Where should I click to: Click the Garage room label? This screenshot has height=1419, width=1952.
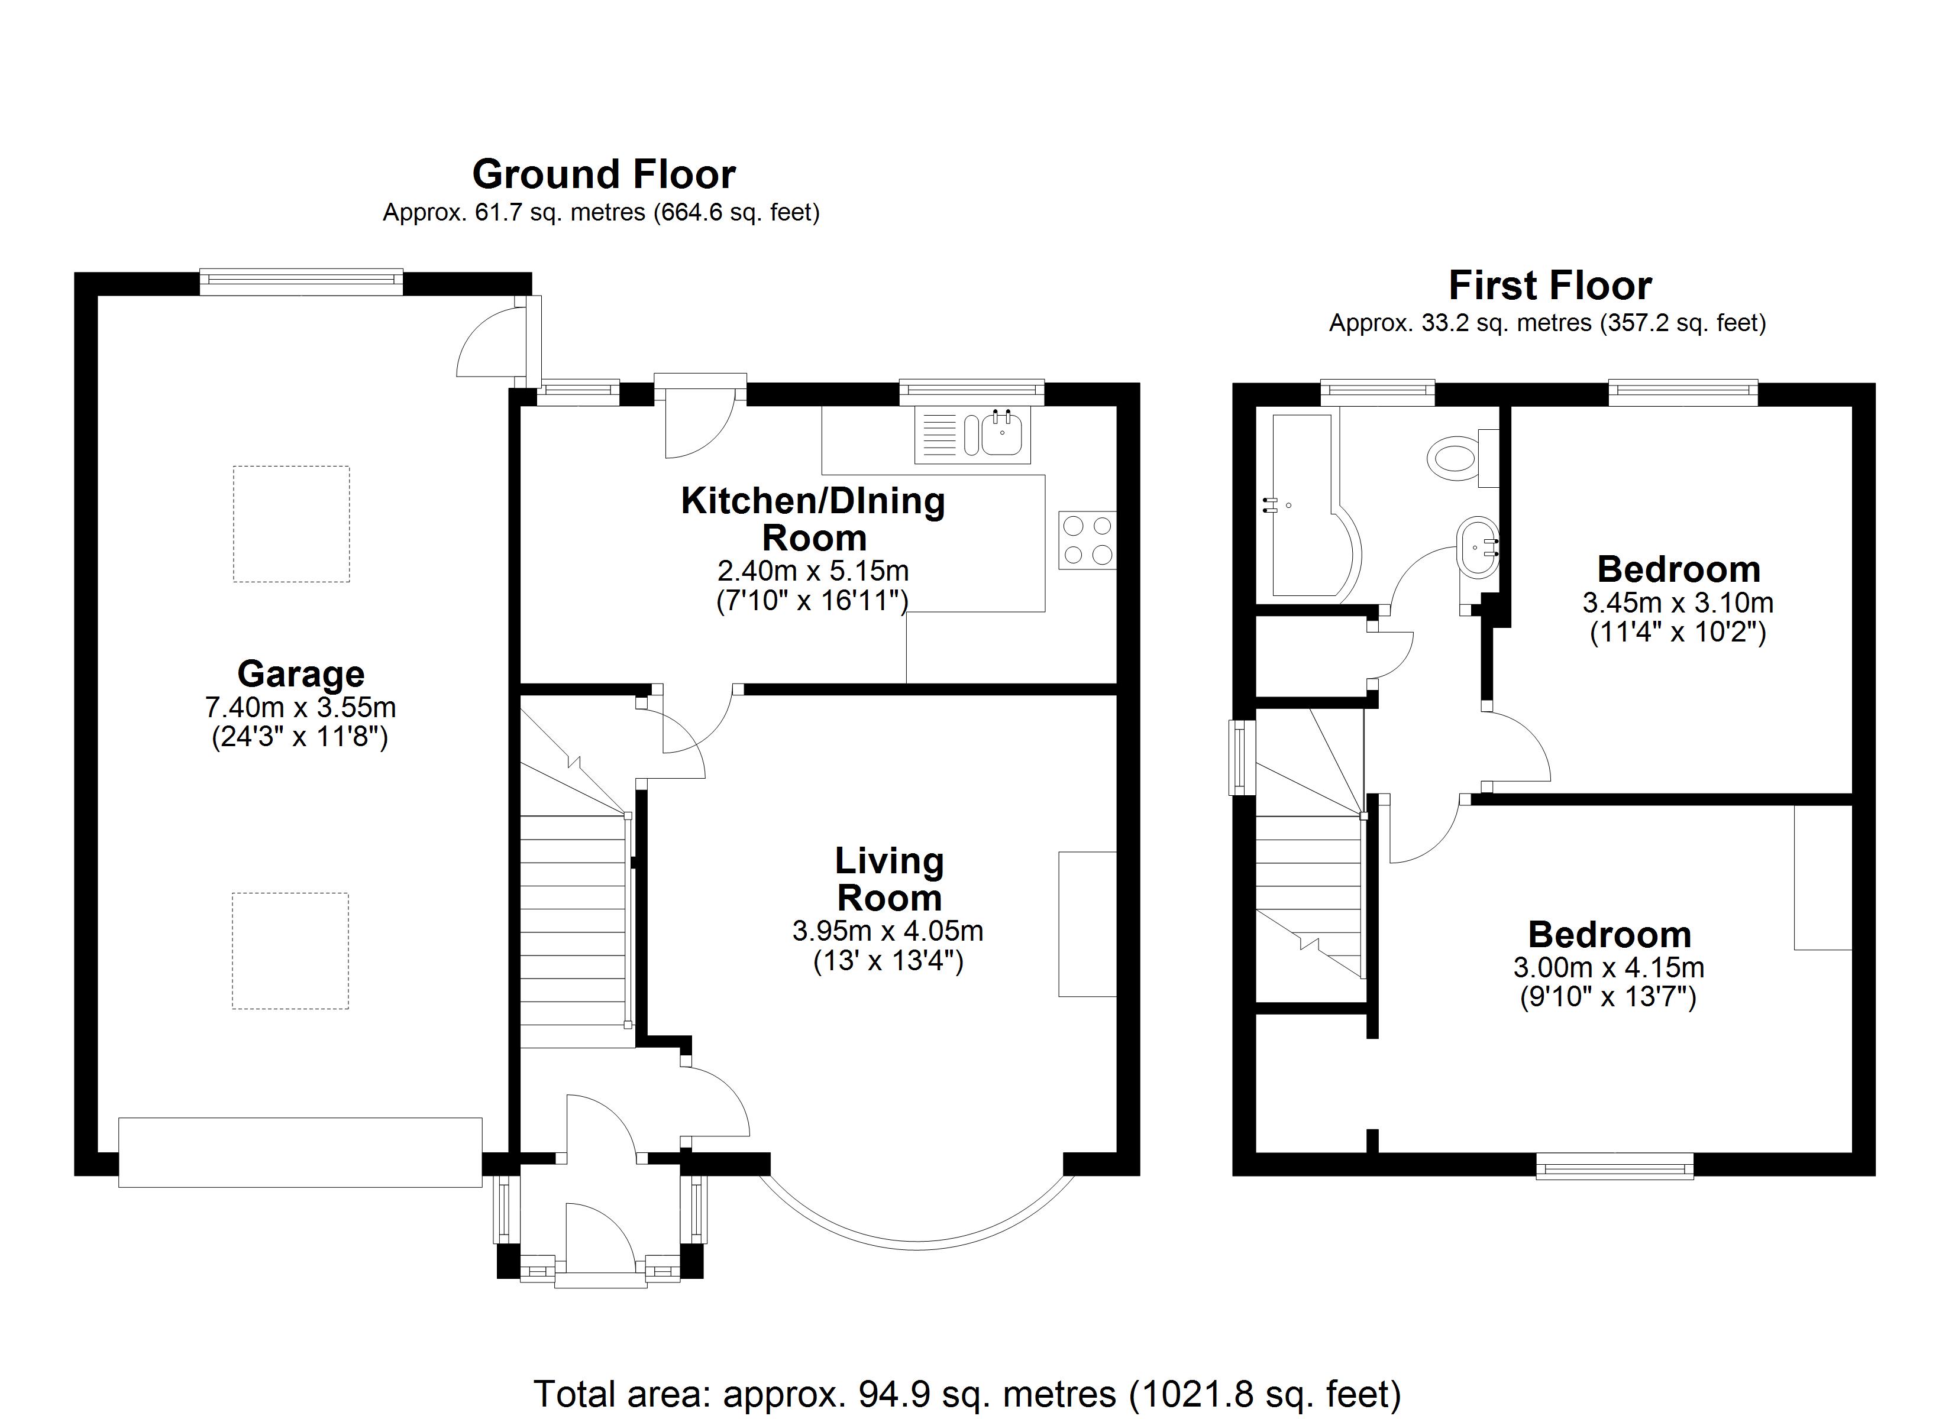pos(300,674)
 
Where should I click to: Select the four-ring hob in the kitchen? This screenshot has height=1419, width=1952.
pos(1087,540)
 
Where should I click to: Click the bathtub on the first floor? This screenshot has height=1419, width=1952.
pos(1308,506)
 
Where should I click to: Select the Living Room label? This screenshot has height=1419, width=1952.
pos(889,879)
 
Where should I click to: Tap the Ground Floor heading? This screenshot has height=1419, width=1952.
pos(603,174)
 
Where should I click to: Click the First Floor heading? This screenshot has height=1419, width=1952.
pos(1550,286)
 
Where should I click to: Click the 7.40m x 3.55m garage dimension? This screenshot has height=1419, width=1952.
pos(300,707)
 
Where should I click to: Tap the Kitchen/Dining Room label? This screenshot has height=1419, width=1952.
pos(813,519)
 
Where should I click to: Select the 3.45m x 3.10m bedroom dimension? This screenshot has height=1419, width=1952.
pos(1678,602)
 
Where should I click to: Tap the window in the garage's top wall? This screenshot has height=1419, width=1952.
pos(301,281)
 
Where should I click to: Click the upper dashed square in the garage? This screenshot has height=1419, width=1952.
pos(291,524)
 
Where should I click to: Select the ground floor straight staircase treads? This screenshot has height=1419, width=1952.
pos(573,931)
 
